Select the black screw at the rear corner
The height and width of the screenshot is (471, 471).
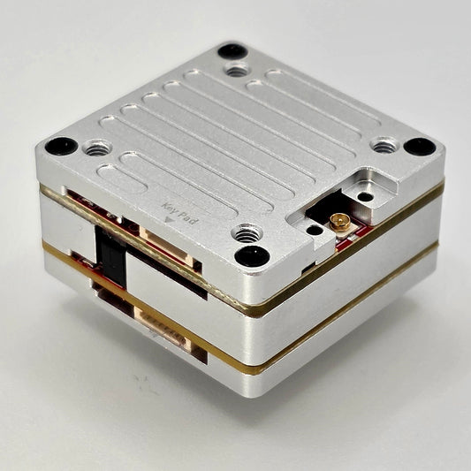(x=232, y=51)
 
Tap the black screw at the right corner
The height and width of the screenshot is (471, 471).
(x=420, y=147)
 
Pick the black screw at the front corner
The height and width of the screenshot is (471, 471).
(x=252, y=256)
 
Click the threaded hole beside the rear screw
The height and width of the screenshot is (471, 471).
(x=235, y=69)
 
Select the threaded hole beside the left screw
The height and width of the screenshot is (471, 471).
(x=96, y=148)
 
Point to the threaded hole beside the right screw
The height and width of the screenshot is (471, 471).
(x=383, y=146)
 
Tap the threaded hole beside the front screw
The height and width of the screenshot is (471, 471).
(x=247, y=234)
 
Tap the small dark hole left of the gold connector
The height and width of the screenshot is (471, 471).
(x=315, y=230)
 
